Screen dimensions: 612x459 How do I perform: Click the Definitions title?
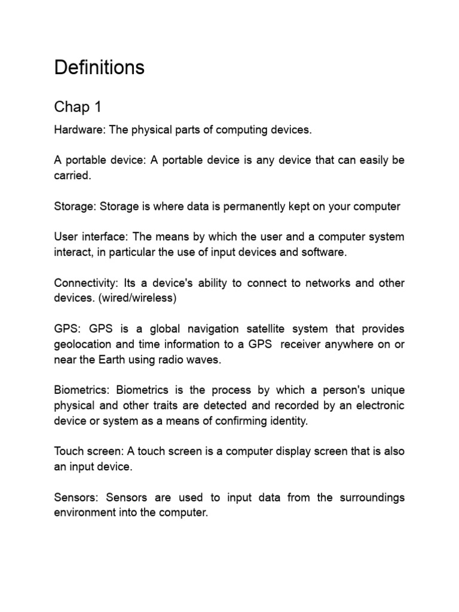[99, 68]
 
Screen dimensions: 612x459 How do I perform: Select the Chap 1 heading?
[78, 107]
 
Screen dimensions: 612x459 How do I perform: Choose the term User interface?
[88, 237]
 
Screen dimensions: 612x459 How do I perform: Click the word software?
[325, 252]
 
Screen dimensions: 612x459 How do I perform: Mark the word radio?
[186, 360]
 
